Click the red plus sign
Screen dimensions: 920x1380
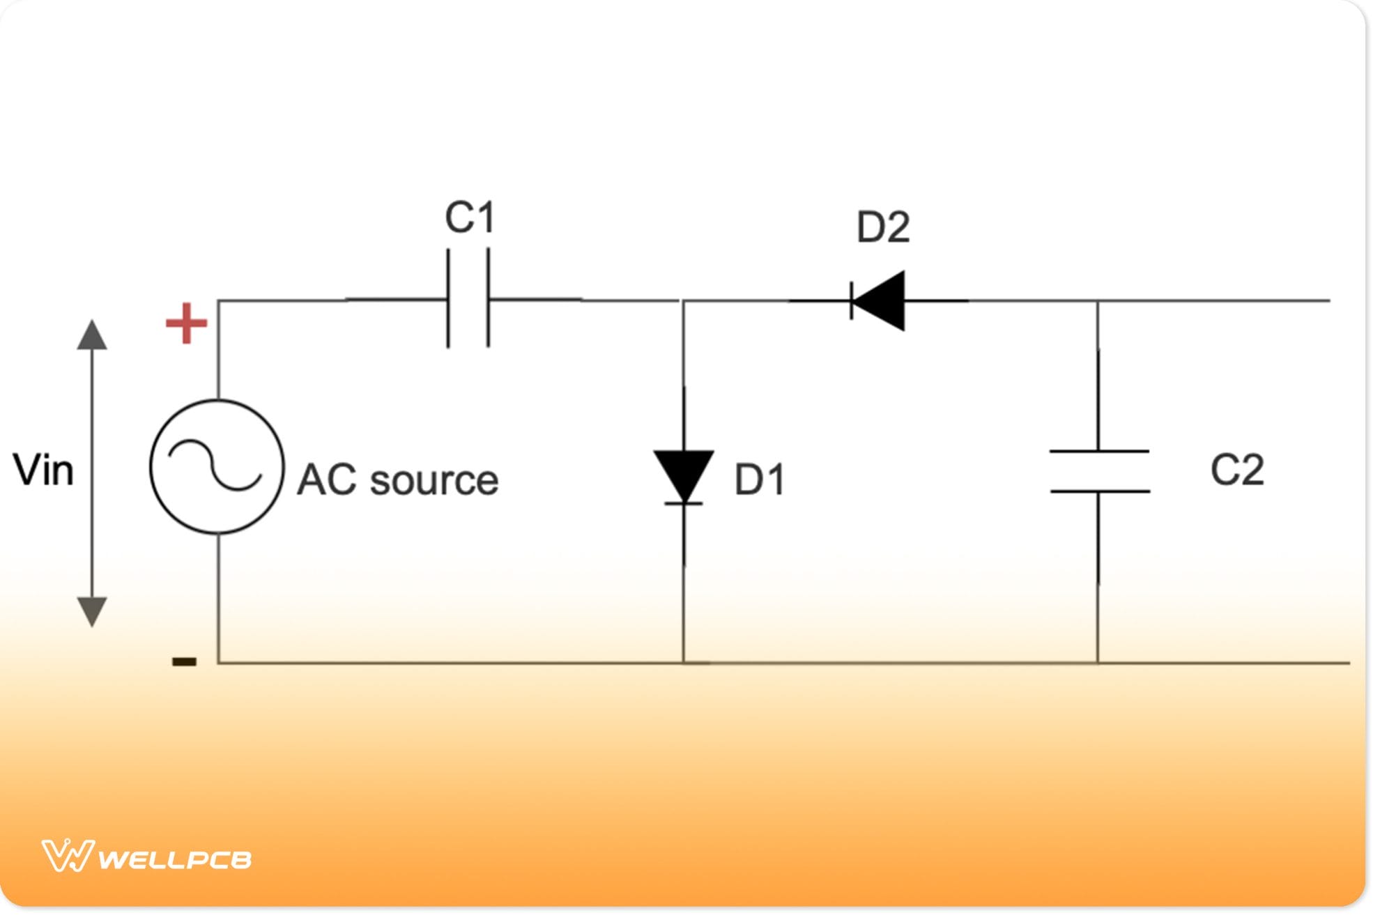pyautogui.click(x=186, y=323)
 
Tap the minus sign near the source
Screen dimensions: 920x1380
pyautogui.click(x=185, y=661)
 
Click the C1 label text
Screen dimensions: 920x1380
pyautogui.click(x=470, y=217)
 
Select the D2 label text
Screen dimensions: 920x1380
pyautogui.click(x=883, y=227)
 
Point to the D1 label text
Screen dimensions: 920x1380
pyautogui.click(x=760, y=480)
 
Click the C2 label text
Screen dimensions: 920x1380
pyautogui.click(x=1237, y=470)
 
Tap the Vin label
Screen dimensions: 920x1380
pyautogui.click(x=43, y=470)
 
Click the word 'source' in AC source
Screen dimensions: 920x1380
pyautogui.click(x=434, y=481)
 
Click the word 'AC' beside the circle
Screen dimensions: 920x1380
pyautogui.click(x=326, y=480)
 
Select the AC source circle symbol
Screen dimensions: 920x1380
pyautogui.click(x=217, y=466)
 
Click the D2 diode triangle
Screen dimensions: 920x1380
pyautogui.click(x=882, y=301)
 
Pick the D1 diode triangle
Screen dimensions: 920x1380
pyautogui.click(x=684, y=474)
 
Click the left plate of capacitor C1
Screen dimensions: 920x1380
pyautogui.click(x=448, y=298)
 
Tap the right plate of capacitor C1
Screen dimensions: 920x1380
pyautogui.click(x=489, y=298)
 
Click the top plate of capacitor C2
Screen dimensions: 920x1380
pyautogui.click(x=1099, y=452)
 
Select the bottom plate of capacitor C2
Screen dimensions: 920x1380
pyautogui.click(x=1099, y=491)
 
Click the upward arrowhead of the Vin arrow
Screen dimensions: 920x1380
pyautogui.click(x=92, y=336)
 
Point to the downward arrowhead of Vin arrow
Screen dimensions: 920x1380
pyautogui.click(x=92, y=611)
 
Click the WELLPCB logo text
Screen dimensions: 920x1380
pyautogui.click(x=174, y=859)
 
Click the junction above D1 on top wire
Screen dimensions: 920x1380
pyautogui.click(x=683, y=301)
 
